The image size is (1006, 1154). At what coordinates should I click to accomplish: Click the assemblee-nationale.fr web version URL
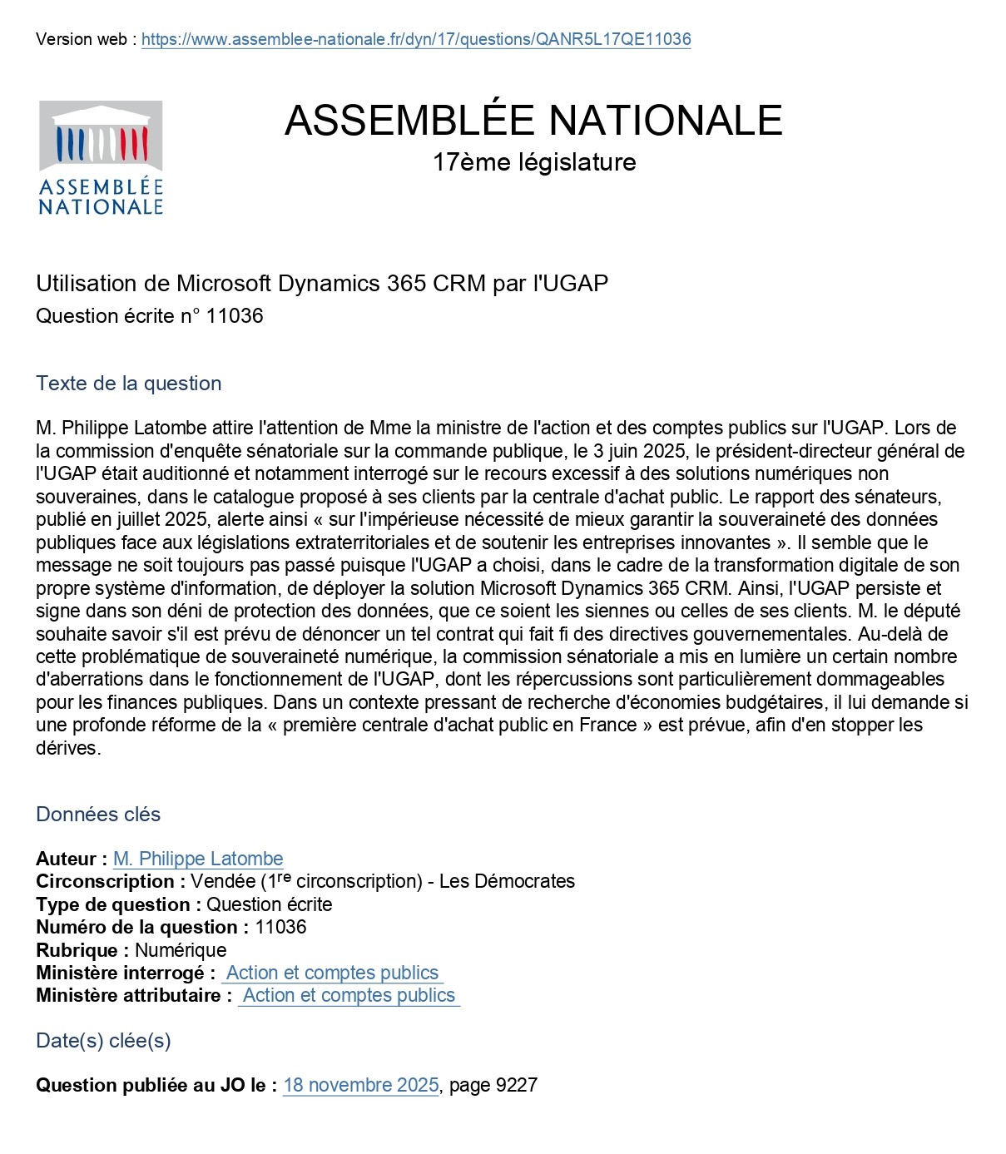pyautogui.click(x=416, y=39)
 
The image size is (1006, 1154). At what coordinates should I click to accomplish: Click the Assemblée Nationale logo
pyautogui.click(x=101, y=158)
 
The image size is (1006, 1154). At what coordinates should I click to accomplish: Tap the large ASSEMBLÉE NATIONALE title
pyautogui.click(x=533, y=120)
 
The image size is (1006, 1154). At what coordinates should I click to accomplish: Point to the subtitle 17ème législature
pyautogui.click(x=533, y=161)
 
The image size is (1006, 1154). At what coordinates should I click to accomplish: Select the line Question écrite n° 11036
pyautogui.click(x=150, y=316)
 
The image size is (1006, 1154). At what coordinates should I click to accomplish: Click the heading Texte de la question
pyautogui.click(x=129, y=384)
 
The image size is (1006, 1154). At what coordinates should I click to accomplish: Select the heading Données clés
pyautogui.click(x=98, y=815)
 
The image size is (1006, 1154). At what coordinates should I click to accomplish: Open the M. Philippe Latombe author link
pyautogui.click(x=198, y=859)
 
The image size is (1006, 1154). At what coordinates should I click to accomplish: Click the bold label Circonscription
pyautogui.click(x=105, y=881)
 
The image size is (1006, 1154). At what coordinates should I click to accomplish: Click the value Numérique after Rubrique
pyautogui.click(x=181, y=950)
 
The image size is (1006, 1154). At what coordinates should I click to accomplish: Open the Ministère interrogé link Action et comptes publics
pyautogui.click(x=332, y=973)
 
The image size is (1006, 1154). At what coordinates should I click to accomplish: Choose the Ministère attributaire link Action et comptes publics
pyautogui.click(x=349, y=995)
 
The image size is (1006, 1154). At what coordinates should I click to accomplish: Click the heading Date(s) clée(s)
pyautogui.click(x=103, y=1041)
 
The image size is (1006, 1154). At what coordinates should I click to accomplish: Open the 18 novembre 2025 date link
pyautogui.click(x=360, y=1085)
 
